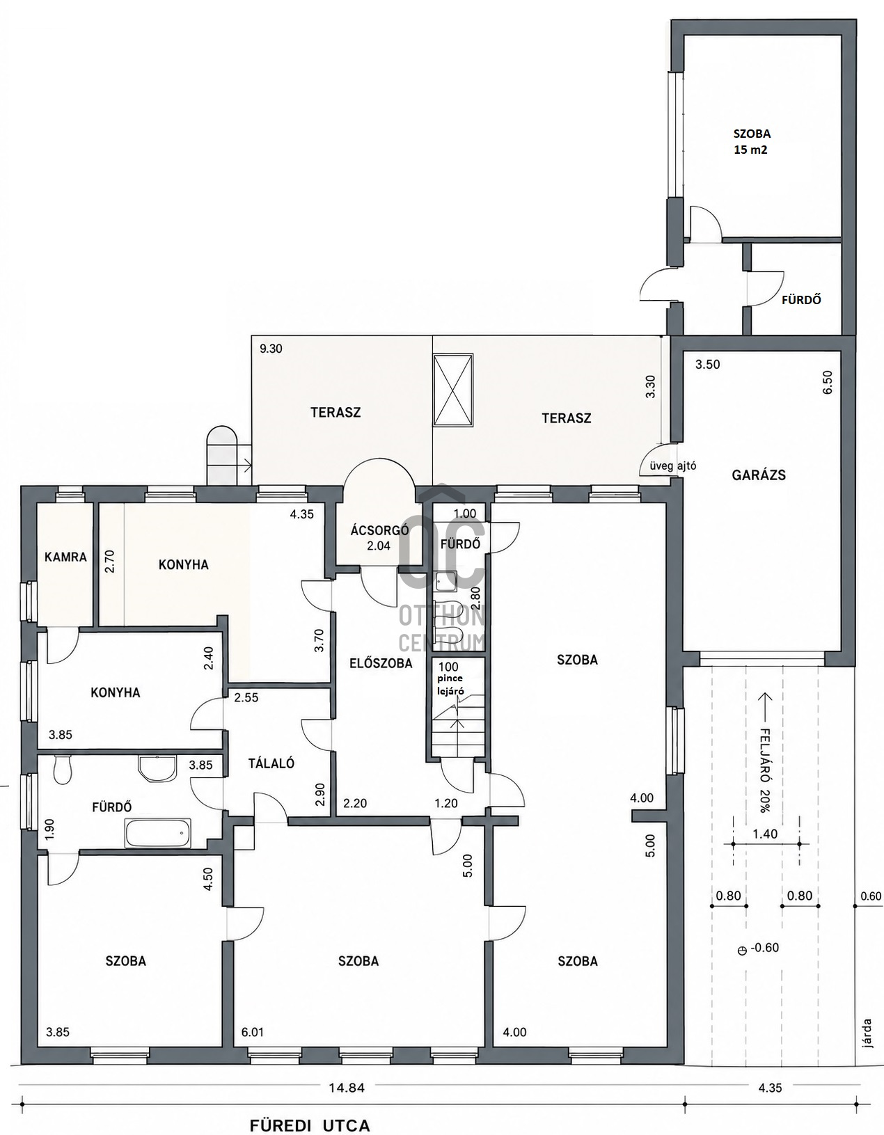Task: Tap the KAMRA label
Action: coord(65,557)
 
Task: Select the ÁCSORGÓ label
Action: coord(379,531)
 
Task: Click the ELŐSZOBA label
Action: coord(380,663)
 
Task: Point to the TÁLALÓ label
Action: coord(271,763)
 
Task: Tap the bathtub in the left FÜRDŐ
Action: coord(158,832)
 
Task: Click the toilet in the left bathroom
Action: coord(62,769)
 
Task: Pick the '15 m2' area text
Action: coord(752,150)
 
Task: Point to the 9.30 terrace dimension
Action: coord(271,349)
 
